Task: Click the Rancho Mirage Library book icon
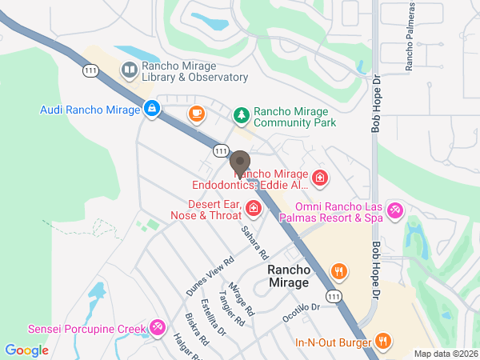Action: tap(128, 71)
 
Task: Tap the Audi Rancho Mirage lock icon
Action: tap(151, 107)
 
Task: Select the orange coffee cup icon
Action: tap(195, 114)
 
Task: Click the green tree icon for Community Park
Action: tap(241, 117)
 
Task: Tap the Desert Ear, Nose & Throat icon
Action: tap(254, 209)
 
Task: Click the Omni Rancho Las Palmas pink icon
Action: tap(394, 210)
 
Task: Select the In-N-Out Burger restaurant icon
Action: tap(383, 342)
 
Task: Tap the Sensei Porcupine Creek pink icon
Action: tap(158, 328)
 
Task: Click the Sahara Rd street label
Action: tap(255, 242)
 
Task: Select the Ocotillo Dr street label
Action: tap(301, 312)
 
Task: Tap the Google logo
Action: tap(26, 350)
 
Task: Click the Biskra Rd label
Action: tap(197, 329)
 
